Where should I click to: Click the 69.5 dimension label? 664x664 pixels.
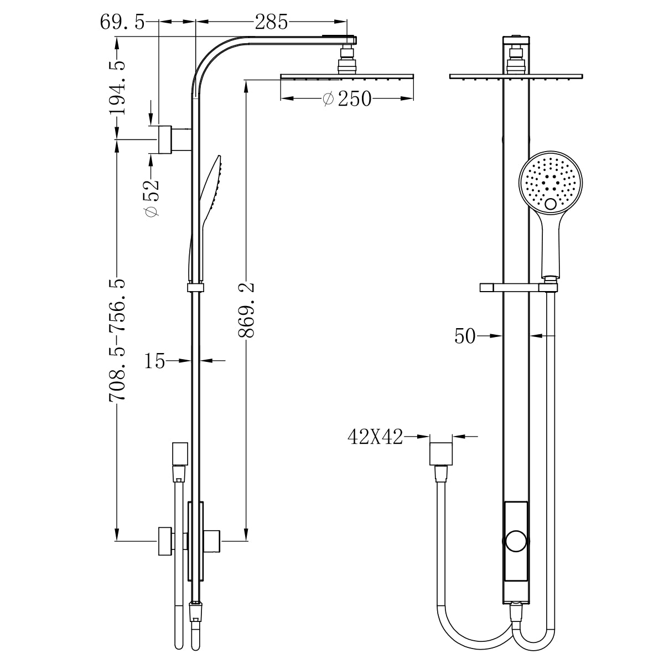(122, 22)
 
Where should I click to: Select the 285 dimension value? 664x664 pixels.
(271, 22)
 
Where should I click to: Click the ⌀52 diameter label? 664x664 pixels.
(151, 198)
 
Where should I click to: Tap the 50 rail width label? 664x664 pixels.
(465, 335)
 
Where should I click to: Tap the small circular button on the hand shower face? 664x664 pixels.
(551, 204)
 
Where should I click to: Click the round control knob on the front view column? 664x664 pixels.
(516, 541)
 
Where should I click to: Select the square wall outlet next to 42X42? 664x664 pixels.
(441, 454)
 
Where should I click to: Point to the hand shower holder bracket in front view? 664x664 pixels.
(517, 288)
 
